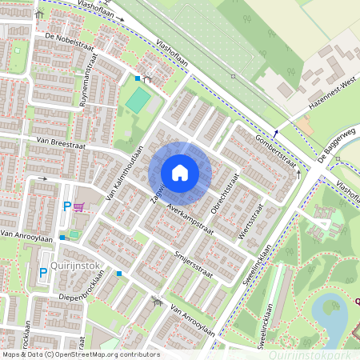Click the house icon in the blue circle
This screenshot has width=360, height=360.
[x=180, y=172]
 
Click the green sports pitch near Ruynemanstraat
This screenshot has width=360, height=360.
[x=138, y=100]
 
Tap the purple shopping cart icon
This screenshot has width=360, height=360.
[x=78, y=206]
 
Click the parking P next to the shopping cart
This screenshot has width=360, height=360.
[x=67, y=207]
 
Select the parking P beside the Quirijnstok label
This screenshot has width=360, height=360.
[x=42, y=273]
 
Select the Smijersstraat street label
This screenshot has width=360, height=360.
[x=194, y=263]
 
